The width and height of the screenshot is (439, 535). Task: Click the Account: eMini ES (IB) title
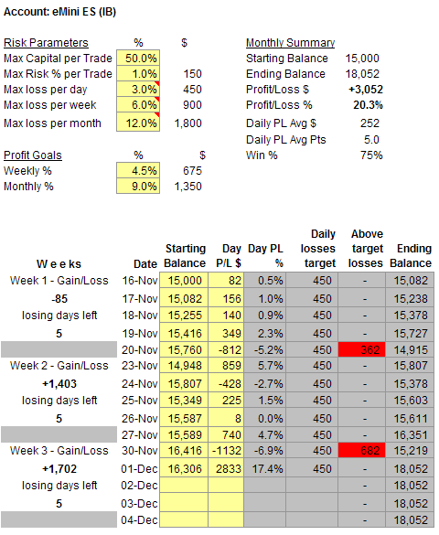59,12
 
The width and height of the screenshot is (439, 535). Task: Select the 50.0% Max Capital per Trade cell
138,58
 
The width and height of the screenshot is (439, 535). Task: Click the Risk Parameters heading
46,43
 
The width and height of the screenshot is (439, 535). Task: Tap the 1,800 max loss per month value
188,123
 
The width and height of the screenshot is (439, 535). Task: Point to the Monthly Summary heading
290,43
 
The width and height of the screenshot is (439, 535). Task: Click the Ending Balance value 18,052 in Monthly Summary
362,74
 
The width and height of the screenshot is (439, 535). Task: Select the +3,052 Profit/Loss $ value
365,90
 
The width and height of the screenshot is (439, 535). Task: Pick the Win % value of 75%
371,155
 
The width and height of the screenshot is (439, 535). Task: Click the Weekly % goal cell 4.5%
138,170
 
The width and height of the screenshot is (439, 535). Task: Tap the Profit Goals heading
32,155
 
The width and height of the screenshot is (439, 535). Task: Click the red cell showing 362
361,349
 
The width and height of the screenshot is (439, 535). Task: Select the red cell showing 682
361,450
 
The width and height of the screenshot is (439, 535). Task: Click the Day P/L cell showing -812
226,349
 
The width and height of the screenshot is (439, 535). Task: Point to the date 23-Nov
140,366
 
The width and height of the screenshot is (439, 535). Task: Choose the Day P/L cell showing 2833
226,469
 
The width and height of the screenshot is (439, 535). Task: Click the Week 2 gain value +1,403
59,384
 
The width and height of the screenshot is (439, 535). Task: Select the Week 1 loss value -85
59,299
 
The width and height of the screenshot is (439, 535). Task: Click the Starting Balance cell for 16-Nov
184,281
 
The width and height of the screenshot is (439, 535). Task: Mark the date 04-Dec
139,520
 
